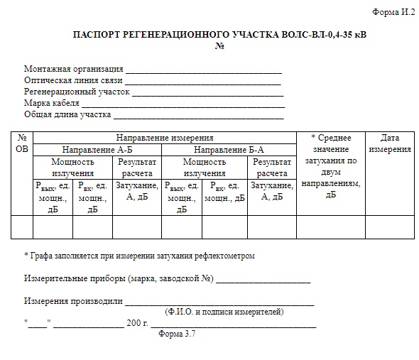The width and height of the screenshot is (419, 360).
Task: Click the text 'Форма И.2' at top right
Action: pos(393,13)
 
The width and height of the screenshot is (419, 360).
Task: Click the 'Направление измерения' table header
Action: pos(165,138)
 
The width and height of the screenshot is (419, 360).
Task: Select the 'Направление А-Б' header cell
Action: pos(97,150)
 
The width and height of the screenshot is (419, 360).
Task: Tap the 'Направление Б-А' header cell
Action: pos(229,150)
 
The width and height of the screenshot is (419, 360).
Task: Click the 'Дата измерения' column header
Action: pos(390,143)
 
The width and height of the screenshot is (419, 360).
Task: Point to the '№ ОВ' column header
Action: pos(22,143)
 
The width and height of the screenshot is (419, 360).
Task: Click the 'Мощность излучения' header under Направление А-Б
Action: pos(72,168)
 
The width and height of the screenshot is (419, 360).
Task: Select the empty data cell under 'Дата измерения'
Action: pos(390,227)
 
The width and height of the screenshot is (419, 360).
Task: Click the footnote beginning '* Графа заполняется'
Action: pos(139,255)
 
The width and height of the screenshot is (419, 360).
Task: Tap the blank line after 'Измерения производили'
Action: pos(220,301)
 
